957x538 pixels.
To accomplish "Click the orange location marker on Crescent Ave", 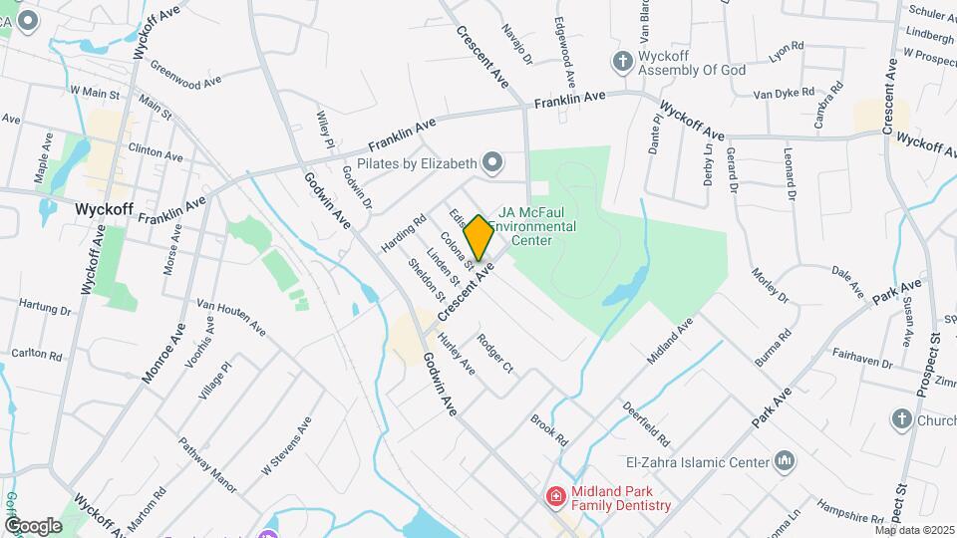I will pos(479,237).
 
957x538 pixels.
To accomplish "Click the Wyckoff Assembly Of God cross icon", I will pos(623,62).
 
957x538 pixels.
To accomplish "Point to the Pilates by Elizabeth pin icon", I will pos(491,161).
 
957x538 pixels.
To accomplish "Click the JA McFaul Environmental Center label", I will pos(537,226).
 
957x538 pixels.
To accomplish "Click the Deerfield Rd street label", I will pos(646,423).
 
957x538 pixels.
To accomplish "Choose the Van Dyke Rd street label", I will pos(778,95).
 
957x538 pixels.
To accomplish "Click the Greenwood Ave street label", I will pos(185,75).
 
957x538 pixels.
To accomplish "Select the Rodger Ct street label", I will pos(494,354).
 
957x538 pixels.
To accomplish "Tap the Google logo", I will pos(33,525).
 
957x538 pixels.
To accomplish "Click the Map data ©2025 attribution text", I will pos(914,530).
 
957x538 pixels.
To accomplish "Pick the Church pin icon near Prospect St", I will pos(902,419).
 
